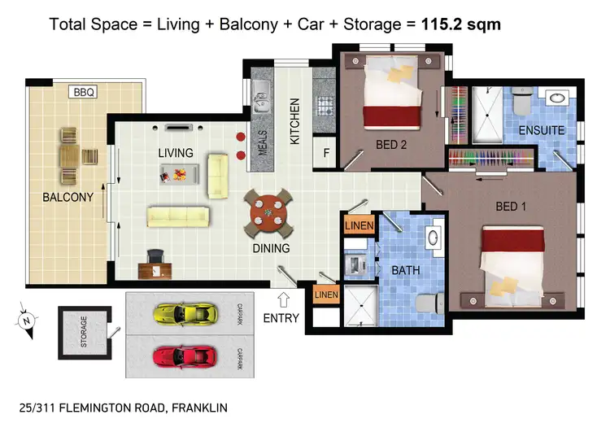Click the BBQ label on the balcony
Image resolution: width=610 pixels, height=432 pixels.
click(x=84, y=93)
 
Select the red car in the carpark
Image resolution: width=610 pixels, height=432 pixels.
click(x=185, y=356)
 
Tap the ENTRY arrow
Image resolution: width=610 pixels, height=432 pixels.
click(x=283, y=299)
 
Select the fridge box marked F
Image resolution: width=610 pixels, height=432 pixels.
click(x=326, y=151)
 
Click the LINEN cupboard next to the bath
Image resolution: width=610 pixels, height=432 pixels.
click(x=359, y=225)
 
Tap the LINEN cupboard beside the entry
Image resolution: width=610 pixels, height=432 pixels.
click(x=326, y=294)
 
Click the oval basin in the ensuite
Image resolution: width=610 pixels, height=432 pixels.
click(x=559, y=99)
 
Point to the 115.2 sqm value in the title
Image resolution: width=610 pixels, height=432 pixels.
click(x=461, y=24)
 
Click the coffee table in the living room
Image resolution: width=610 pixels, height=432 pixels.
click(x=180, y=172)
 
